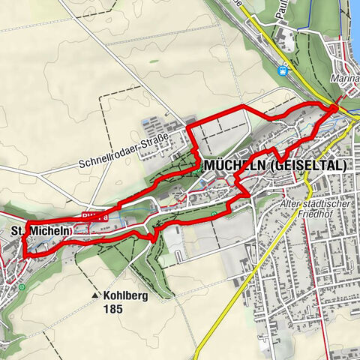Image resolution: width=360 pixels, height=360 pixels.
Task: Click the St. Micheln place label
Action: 41,231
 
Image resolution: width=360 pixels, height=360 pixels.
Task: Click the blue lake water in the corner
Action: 354,15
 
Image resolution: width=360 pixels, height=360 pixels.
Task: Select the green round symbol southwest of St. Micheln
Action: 22,287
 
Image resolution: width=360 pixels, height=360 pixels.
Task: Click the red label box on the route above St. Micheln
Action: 94,215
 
